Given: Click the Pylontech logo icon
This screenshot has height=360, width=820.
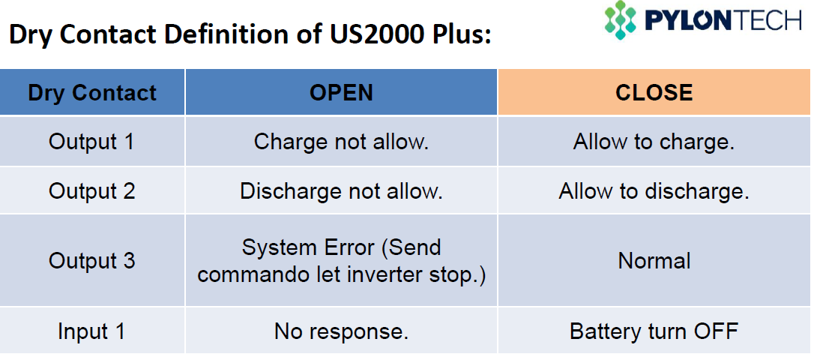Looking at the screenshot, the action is (x=621, y=20).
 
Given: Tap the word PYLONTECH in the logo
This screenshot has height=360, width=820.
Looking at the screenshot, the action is (x=723, y=21).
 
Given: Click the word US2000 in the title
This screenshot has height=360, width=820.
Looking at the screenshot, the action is (x=363, y=34).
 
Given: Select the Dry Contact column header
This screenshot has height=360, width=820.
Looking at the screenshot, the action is (x=92, y=92).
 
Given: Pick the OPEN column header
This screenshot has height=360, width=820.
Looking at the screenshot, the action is (x=342, y=92).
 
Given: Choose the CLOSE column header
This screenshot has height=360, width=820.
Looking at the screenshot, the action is (x=654, y=92).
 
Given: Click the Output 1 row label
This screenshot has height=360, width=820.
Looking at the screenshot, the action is (x=91, y=142).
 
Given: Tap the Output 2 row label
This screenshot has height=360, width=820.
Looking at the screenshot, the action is (x=91, y=191).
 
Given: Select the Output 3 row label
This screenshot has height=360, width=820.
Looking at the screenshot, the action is (x=91, y=260).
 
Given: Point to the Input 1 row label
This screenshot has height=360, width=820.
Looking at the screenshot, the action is (x=91, y=331).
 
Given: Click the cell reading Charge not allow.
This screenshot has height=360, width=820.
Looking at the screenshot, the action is (x=342, y=142).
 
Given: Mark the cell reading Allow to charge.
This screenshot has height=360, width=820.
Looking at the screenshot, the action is (x=654, y=142).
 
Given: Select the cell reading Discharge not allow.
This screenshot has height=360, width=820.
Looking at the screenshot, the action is (x=342, y=191).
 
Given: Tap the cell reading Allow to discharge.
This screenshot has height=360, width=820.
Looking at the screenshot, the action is (x=654, y=191).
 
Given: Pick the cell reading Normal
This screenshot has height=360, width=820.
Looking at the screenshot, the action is (x=654, y=260).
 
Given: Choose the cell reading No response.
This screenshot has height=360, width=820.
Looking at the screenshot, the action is (x=342, y=331).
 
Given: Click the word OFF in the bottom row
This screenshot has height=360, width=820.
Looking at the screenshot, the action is (x=716, y=331).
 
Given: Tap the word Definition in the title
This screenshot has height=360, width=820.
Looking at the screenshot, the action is (x=235, y=34).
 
